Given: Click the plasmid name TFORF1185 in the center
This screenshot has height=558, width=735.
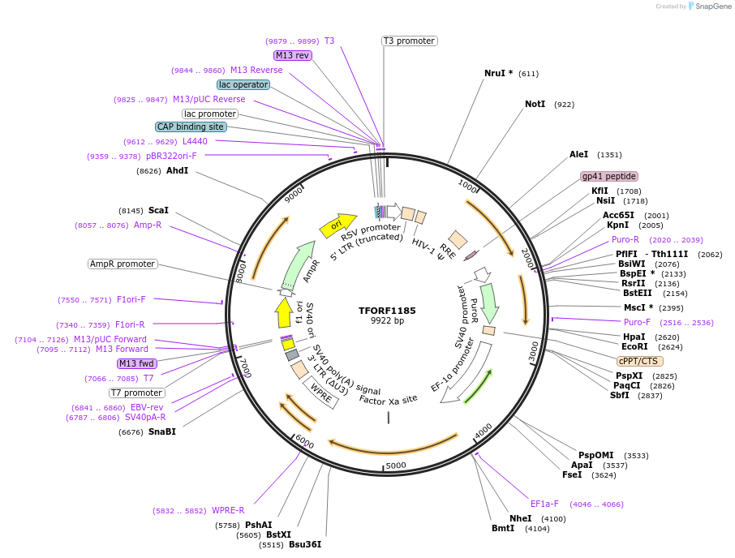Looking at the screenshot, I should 387,311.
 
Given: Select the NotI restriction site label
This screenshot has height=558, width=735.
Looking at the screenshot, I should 535,105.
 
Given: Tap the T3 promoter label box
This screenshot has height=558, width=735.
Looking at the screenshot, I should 410,41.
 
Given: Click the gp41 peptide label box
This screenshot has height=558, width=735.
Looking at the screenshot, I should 609,176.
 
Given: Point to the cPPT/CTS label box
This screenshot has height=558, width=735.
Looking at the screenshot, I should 640,361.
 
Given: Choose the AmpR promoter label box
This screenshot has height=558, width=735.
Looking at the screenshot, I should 122,264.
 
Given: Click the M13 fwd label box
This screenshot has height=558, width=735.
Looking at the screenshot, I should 135,363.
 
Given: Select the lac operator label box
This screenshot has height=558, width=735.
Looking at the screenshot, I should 243,84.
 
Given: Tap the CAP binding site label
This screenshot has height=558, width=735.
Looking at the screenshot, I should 191,127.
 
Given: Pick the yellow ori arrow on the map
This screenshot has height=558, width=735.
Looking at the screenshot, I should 335,226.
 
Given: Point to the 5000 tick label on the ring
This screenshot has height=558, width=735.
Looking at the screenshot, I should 395,466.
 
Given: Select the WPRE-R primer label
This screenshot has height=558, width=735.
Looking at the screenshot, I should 228,510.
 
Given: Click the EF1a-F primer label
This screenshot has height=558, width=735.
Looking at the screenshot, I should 544,504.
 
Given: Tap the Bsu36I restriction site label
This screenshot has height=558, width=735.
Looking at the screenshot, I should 305,544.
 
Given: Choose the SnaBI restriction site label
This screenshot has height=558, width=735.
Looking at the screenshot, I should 161,431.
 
